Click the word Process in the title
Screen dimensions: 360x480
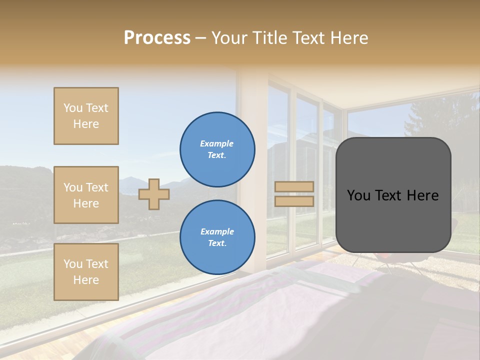point(157,38)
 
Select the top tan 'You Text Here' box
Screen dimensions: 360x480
point(86,116)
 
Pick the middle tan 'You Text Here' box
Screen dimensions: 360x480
point(86,195)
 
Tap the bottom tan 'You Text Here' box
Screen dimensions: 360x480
point(86,272)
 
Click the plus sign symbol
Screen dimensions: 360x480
point(154,194)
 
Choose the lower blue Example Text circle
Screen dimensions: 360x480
point(217,237)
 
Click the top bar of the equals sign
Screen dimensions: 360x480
point(294,187)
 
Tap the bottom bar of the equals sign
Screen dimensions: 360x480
point(294,201)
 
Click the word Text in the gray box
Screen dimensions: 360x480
point(392,195)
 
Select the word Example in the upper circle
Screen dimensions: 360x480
point(216,143)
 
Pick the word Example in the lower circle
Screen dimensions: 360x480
point(217,231)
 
